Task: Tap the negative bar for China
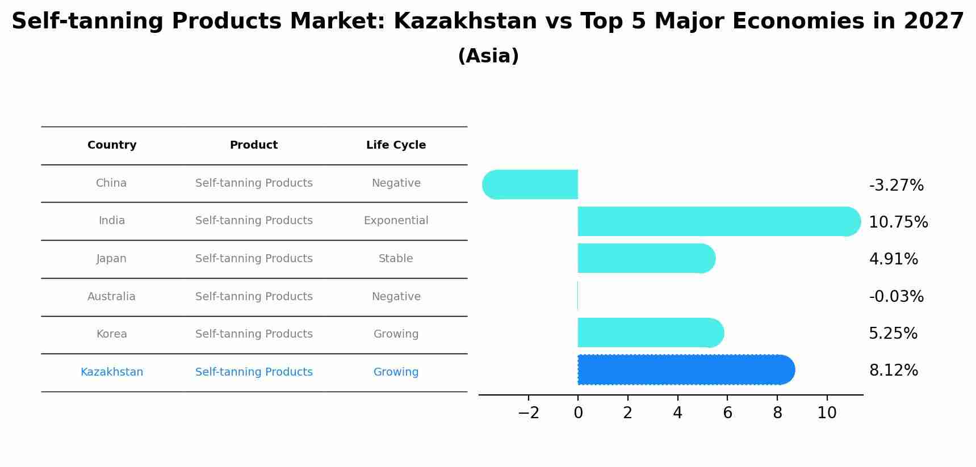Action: (x=531, y=184)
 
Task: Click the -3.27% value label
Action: (x=896, y=186)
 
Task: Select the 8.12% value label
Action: (x=893, y=371)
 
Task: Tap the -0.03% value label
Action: (x=896, y=297)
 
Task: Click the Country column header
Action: (x=112, y=145)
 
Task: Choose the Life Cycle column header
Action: (x=396, y=145)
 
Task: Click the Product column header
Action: (x=254, y=145)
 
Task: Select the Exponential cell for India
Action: (x=396, y=221)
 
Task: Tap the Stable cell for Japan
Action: (x=396, y=259)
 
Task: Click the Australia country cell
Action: (x=111, y=297)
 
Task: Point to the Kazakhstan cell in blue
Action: (x=112, y=372)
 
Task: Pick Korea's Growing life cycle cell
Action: (x=396, y=334)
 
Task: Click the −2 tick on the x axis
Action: (x=528, y=413)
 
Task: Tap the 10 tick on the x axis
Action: (x=827, y=413)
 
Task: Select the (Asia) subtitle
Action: (x=488, y=56)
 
